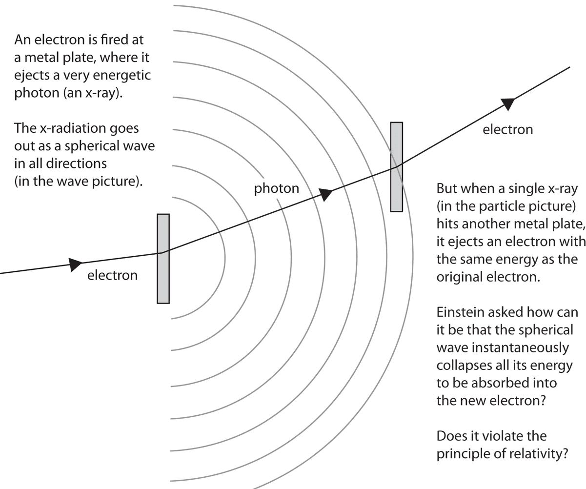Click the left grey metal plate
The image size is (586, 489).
click(163, 258)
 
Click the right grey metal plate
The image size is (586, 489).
click(397, 166)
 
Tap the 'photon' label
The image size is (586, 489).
click(276, 188)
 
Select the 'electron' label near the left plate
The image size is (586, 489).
click(112, 275)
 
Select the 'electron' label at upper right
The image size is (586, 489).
click(507, 129)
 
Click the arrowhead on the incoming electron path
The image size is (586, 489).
click(76, 264)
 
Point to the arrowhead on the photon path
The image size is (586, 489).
click(326, 193)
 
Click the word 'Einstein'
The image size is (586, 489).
click(459, 311)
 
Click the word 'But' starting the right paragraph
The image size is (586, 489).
click(446, 188)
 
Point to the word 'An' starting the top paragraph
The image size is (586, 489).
click(22, 40)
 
